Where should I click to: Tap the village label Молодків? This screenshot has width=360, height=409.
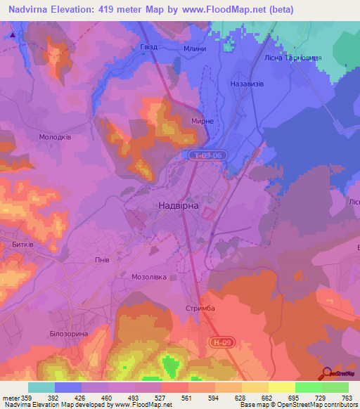[x=55, y=138]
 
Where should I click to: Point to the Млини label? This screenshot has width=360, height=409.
[x=195, y=48]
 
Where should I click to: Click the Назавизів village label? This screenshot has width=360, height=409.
[x=247, y=82]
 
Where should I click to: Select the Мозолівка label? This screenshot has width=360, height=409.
[x=149, y=277]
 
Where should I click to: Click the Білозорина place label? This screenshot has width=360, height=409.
[x=69, y=333]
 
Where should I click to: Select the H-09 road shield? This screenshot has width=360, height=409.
[x=220, y=342]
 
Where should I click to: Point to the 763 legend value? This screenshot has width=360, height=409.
[x=347, y=398]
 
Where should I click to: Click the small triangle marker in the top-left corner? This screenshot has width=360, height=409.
[x=13, y=33]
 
